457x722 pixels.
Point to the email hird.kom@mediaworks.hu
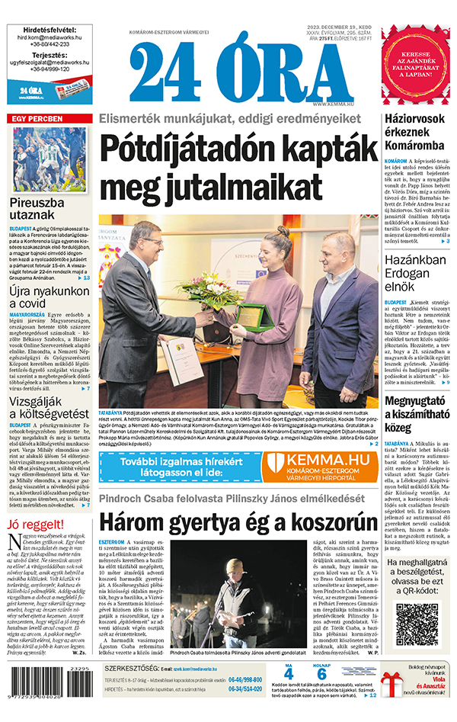[x=51, y=36]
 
